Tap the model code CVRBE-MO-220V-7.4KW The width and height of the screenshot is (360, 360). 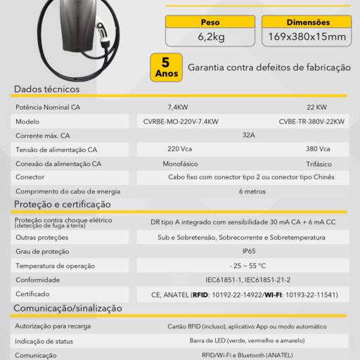point(180,122)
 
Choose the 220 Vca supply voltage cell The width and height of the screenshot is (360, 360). point(180,149)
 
